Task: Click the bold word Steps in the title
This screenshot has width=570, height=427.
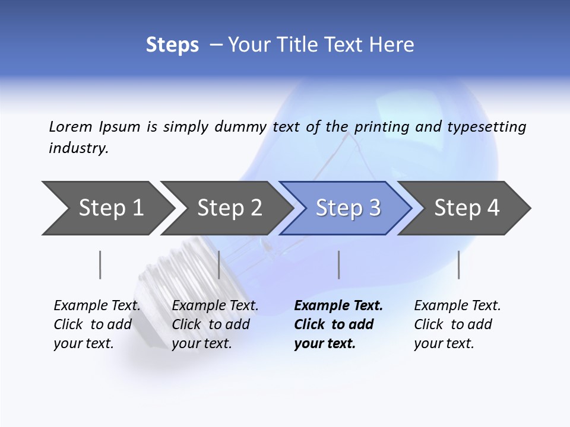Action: (x=172, y=45)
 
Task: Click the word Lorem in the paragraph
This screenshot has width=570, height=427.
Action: (x=71, y=126)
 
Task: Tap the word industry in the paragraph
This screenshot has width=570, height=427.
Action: (x=78, y=148)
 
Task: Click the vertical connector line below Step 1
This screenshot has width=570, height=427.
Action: (x=100, y=265)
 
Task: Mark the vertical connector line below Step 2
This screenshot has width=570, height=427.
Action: (x=219, y=265)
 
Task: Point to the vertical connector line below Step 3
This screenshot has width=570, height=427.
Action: (x=338, y=265)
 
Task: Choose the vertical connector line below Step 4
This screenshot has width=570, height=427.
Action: (x=458, y=265)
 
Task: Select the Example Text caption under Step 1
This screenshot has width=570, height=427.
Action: (x=96, y=324)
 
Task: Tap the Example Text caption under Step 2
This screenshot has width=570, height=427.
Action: (x=214, y=324)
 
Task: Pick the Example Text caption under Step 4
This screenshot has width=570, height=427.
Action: (x=457, y=324)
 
